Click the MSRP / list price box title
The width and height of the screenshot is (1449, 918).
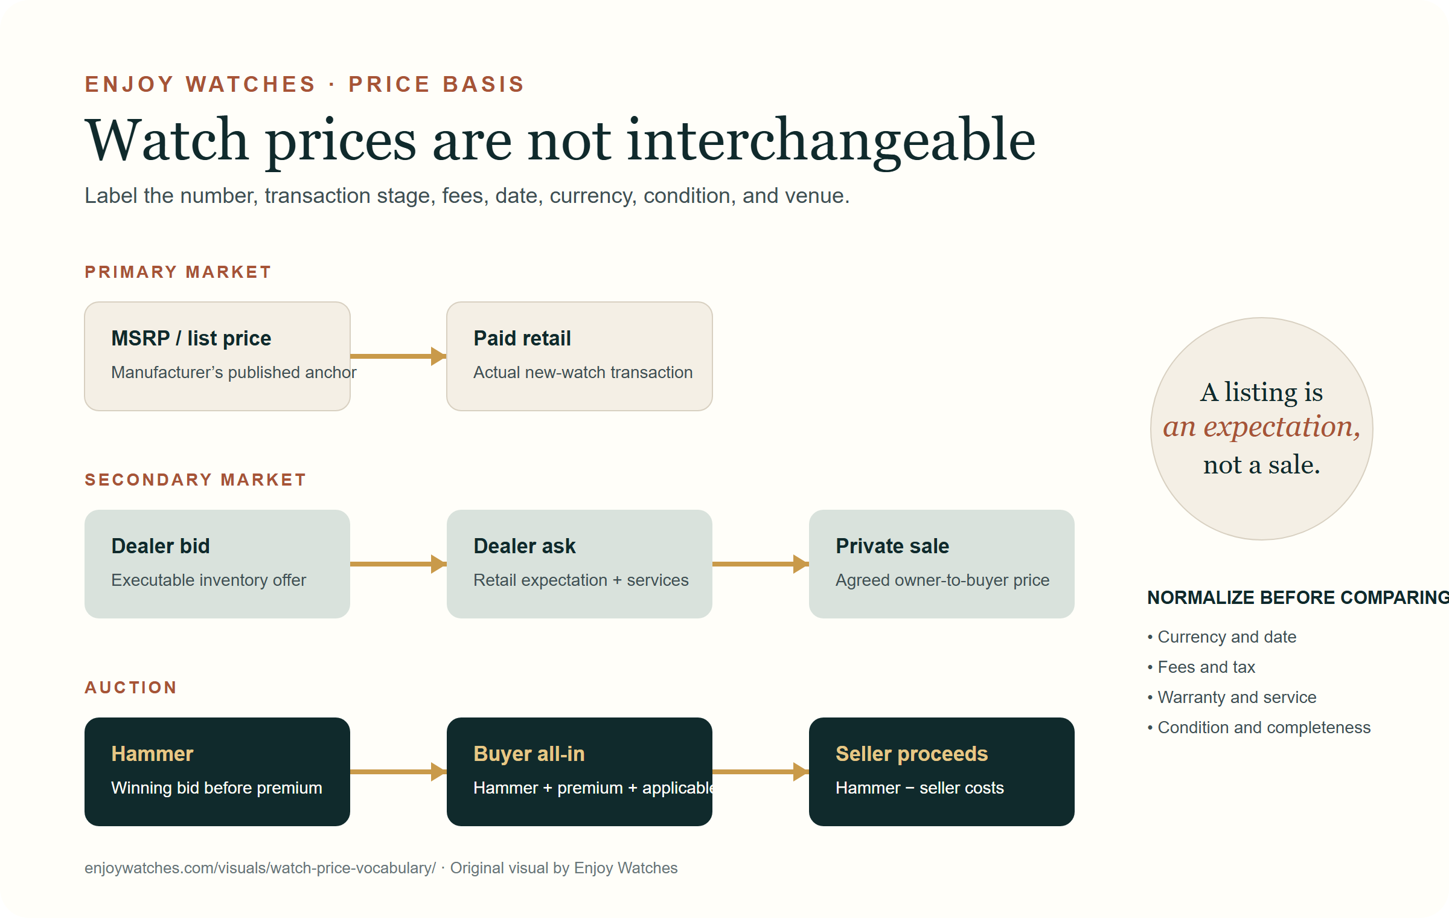pyautogui.click(x=191, y=338)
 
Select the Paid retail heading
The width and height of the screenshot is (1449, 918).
pyautogui.click(x=522, y=338)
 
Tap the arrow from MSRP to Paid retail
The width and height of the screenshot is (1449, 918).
pyautogui.click(x=398, y=356)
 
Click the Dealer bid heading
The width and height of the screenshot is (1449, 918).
pyautogui.click(x=161, y=546)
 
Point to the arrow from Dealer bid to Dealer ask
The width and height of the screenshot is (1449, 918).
pyautogui.click(x=398, y=564)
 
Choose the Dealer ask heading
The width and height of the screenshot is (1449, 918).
pyautogui.click(x=525, y=546)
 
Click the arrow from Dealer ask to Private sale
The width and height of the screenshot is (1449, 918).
pyautogui.click(x=761, y=564)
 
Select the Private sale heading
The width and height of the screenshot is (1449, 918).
pyautogui.click(x=892, y=546)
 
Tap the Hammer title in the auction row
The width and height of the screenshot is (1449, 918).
pyautogui.click(x=152, y=754)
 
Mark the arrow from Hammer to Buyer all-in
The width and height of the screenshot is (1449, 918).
pyautogui.click(x=398, y=772)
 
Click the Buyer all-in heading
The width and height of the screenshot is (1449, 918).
pyautogui.click(x=529, y=754)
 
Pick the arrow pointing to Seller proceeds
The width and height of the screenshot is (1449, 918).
pyautogui.click(x=761, y=772)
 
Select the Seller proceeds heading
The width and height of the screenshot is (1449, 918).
pyautogui.click(x=912, y=754)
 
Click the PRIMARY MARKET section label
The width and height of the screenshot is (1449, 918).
pyautogui.click(x=178, y=272)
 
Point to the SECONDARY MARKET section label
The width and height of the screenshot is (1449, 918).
pyautogui.click(x=196, y=480)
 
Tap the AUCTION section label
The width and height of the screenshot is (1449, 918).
pyautogui.click(x=130, y=687)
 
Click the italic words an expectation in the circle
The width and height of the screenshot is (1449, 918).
pyautogui.click(x=1261, y=428)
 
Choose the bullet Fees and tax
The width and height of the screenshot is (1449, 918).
pyautogui.click(x=1201, y=667)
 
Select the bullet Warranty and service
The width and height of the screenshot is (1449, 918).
pyautogui.click(x=1232, y=697)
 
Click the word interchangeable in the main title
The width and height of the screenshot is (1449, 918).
pyautogui.click(x=831, y=141)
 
